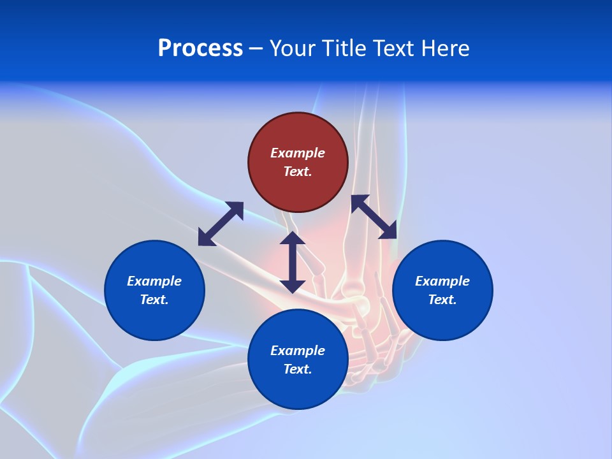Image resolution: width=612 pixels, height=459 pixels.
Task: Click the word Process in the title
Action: [200, 48]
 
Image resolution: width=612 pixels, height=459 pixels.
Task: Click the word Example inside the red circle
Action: [298, 153]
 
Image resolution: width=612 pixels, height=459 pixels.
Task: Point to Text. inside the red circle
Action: [298, 171]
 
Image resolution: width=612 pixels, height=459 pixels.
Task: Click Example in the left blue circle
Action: [154, 281]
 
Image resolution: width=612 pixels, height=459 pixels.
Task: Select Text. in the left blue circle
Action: [154, 300]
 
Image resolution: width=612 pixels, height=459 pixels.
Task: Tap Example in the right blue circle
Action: [442, 281]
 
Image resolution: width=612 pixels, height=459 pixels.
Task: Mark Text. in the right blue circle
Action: [442, 300]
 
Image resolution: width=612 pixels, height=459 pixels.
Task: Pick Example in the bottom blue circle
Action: [298, 351]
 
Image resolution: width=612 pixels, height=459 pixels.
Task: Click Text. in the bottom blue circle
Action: [298, 369]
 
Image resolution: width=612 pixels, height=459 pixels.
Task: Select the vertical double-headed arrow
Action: [293, 262]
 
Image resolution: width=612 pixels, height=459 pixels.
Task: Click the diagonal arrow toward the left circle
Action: [221, 224]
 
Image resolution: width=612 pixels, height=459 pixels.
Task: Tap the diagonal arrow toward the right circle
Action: [374, 217]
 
